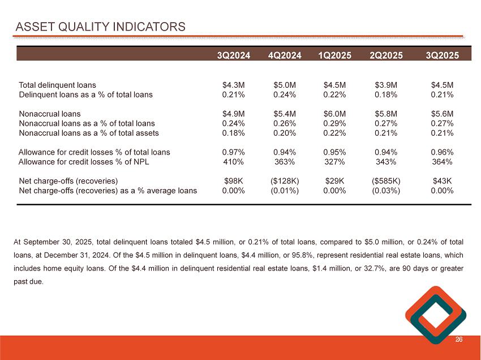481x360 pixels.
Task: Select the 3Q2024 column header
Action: (233, 55)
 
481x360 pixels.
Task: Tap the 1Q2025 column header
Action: (334, 55)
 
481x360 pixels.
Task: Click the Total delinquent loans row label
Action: (58, 85)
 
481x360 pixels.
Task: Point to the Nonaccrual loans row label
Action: (50, 114)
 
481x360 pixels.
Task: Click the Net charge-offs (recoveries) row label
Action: (68, 181)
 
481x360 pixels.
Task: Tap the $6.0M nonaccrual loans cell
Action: (334, 114)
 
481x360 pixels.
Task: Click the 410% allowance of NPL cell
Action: (233, 162)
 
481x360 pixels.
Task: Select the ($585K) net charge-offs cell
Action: (386, 181)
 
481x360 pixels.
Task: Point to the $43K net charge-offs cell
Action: (442, 181)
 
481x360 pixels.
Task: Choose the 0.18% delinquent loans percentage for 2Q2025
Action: (386, 95)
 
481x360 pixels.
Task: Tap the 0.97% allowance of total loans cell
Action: (233, 152)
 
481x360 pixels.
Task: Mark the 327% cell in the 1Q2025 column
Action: (334, 162)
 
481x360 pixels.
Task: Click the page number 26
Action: (458, 340)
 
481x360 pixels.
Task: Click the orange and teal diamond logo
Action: (436, 315)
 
